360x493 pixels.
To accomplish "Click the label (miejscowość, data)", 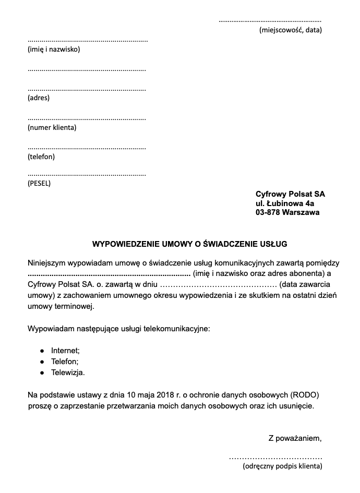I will click(291, 30).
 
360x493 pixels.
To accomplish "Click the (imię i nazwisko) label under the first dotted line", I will click(53, 50).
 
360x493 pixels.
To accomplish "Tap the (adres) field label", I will click(39, 98).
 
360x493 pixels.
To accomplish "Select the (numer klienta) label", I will click(52, 127).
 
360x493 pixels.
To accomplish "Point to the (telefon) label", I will click(41, 157).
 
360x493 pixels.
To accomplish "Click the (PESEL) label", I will click(39, 183).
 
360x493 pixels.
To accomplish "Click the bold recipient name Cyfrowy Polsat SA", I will click(290, 194).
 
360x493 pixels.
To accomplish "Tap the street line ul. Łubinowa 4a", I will click(285, 203).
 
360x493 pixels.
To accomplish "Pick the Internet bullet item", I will click(65, 351).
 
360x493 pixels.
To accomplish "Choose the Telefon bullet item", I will click(65, 362).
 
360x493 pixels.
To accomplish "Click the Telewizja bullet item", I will click(68, 372).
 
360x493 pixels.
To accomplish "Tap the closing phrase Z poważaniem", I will click(295, 437).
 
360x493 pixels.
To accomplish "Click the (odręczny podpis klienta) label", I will click(282, 466).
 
